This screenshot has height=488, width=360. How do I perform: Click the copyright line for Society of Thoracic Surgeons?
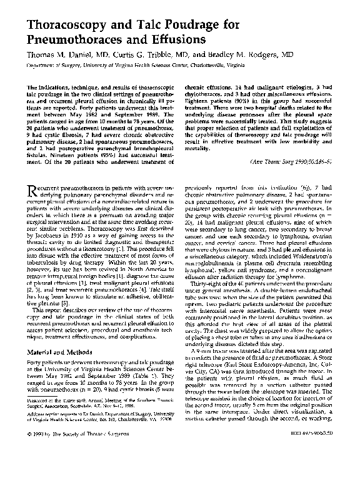click(x=70, y=469)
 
